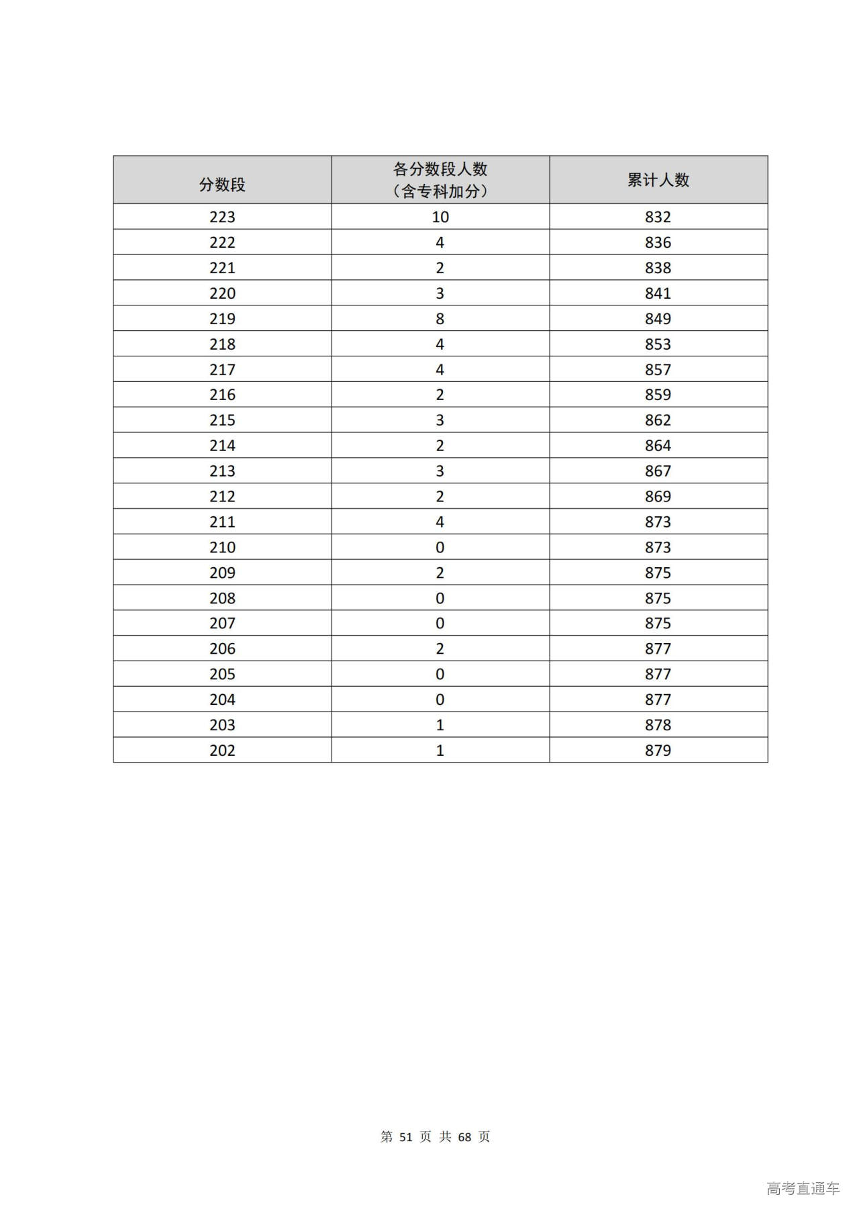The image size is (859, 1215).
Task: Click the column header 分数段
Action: pos(222,185)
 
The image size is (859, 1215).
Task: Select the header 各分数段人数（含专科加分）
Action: pos(440,180)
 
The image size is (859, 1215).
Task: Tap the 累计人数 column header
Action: pos(658,180)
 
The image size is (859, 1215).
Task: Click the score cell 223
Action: pos(222,217)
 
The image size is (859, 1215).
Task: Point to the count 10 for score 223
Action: pos(440,217)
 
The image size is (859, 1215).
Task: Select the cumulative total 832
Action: pos(658,217)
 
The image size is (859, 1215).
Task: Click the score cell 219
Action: pos(222,319)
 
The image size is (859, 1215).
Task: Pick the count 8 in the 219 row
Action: pos(440,319)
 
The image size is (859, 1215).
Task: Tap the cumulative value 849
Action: pos(658,319)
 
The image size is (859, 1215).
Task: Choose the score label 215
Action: pos(222,420)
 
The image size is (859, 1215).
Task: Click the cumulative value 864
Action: pos(658,446)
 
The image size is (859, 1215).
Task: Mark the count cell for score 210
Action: pos(440,548)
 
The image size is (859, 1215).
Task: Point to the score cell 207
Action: pos(222,624)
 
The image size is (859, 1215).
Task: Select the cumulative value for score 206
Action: pos(658,649)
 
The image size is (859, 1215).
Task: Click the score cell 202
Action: pos(222,750)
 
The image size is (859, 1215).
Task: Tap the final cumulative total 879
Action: pos(658,750)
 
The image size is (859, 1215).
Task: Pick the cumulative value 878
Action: pos(658,725)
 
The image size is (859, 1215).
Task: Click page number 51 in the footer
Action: pos(405,1137)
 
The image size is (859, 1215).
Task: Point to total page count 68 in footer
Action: pos(464,1137)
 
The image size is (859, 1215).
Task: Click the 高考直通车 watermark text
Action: pos(803,1189)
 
